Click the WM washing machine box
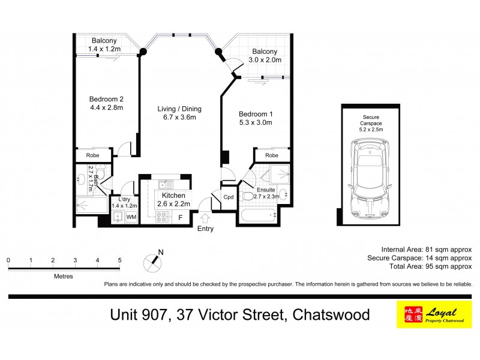(131, 216)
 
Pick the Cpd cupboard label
(229, 197)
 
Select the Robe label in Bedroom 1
(272, 155)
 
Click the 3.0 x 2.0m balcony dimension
(265, 60)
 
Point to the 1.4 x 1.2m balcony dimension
(104, 49)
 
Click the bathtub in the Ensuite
(256, 215)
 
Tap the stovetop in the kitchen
(162, 217)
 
